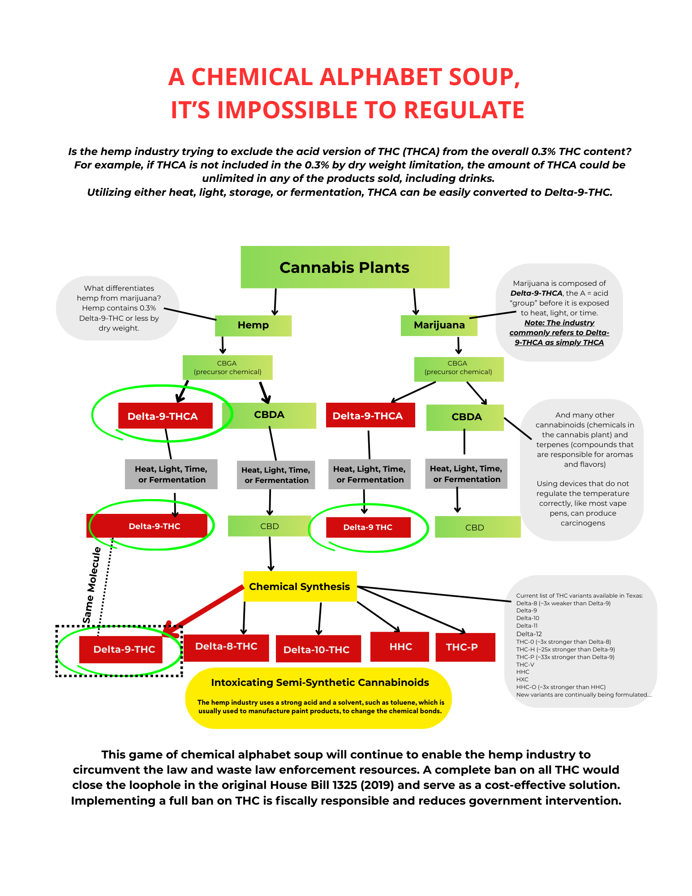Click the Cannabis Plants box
(344, 267)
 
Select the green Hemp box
(253, 326)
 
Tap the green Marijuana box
(439, 326)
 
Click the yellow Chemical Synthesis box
(300, 586)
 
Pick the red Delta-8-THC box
(226, 647)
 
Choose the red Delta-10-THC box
(317, 650)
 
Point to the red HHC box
(400, 647)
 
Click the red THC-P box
(464, 647)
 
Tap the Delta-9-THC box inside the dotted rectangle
(124, 650)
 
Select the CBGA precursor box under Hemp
(228, 367)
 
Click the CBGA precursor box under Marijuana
(458, 368)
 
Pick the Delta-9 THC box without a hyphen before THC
(368, 527)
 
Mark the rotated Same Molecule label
(91, 585)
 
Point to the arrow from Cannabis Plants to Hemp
(275, 302)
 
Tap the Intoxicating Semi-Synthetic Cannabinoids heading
(320, 683)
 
